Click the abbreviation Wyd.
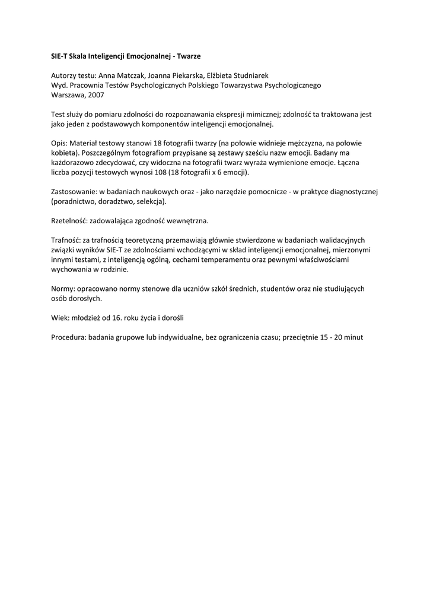(59, 85)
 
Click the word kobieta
(63, 153)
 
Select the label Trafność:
(66, 240)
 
